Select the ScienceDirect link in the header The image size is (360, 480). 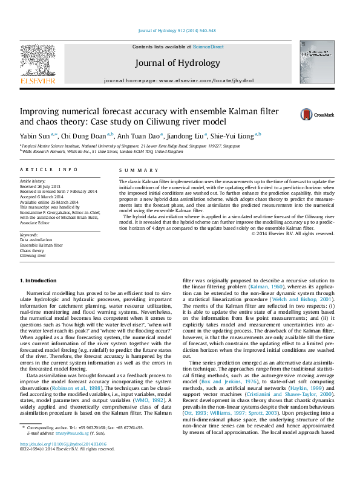pyautogui.click(x=208, y=47)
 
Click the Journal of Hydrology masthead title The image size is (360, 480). pyautogui.click(x=177, y=63)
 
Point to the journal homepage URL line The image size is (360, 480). pyautogui.click(x=177, y=80)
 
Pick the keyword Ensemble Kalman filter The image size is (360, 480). pyautogui.click(x=41, y=245)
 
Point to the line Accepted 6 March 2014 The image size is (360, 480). pyautogui.click(x=44, y=196)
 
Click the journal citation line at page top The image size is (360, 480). pyautogui.click(x=177, y=31)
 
